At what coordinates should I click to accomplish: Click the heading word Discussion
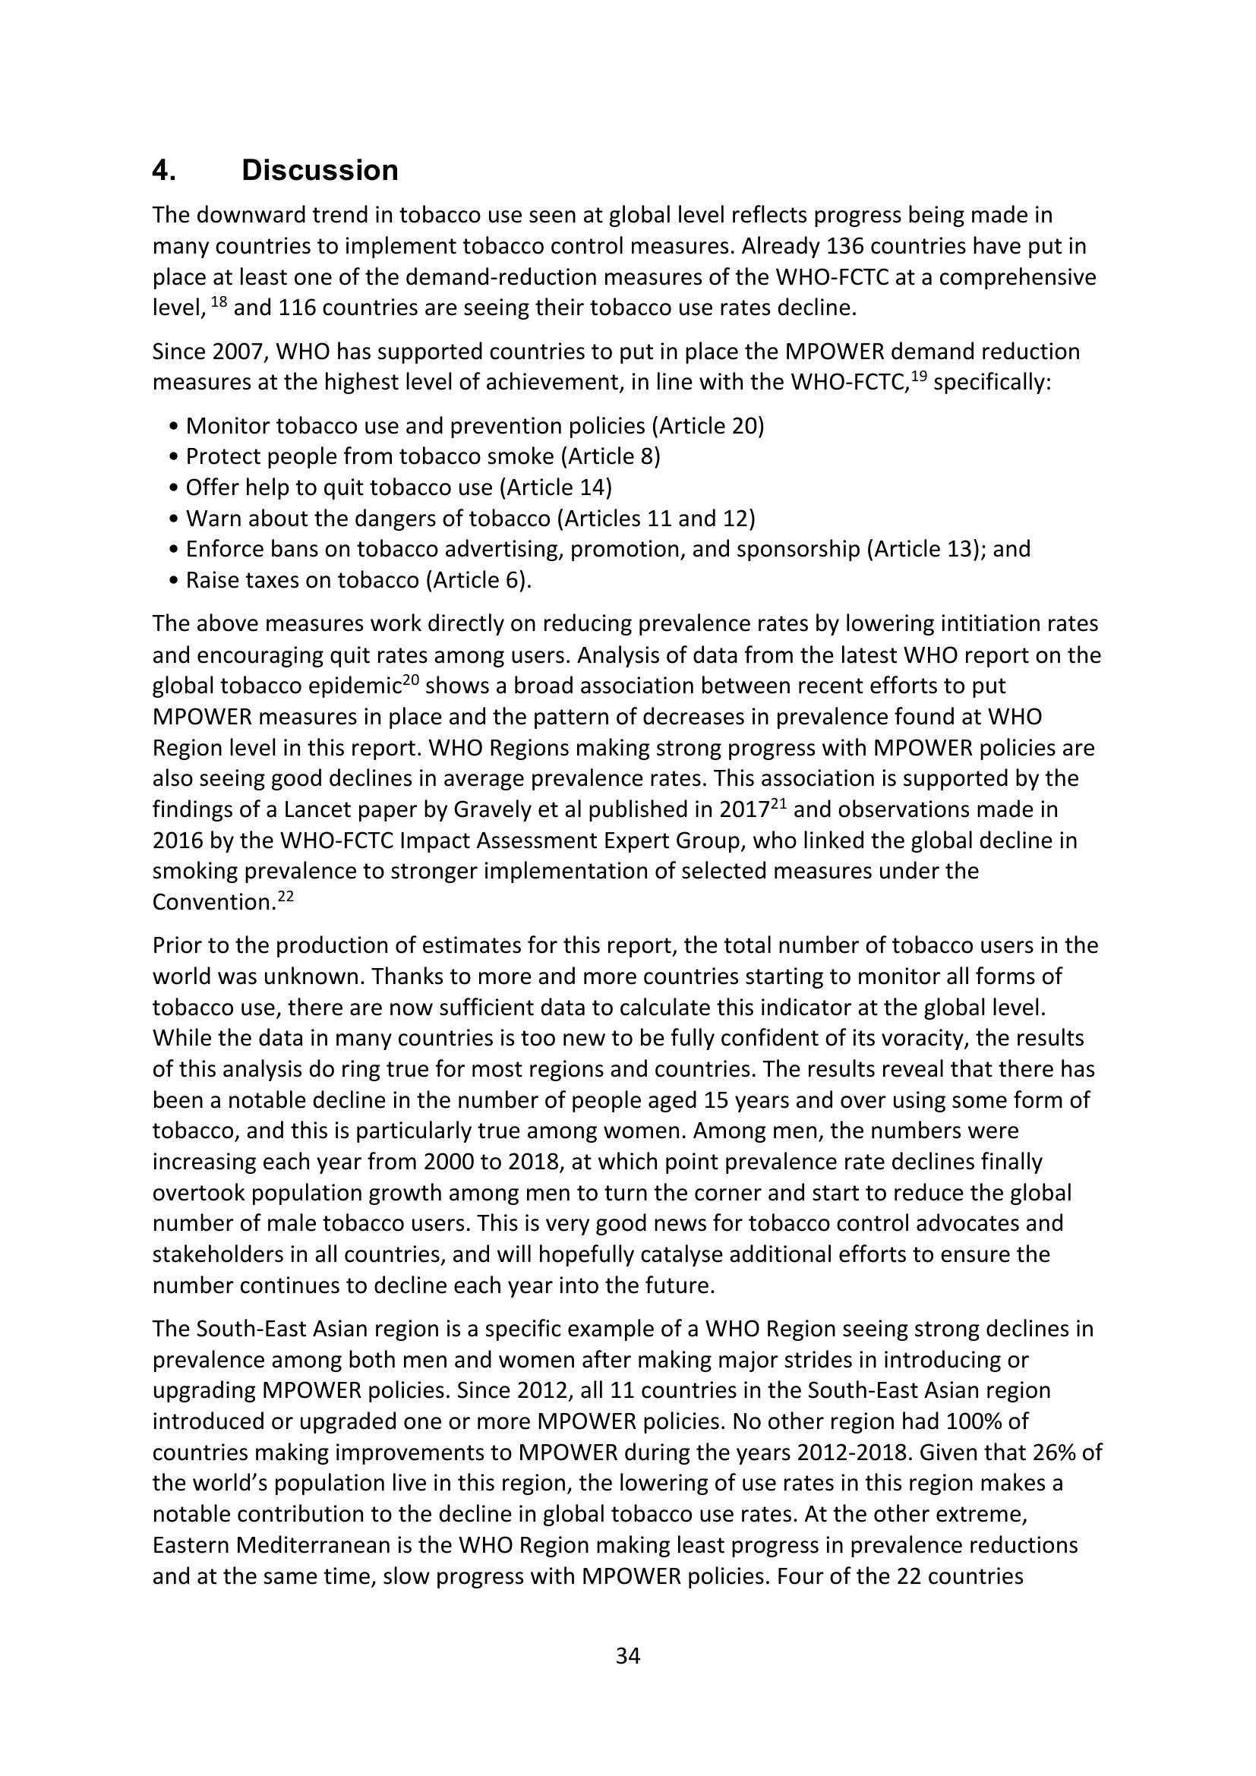(x=320, y=170)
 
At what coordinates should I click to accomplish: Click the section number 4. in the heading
(x=164, y=170)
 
